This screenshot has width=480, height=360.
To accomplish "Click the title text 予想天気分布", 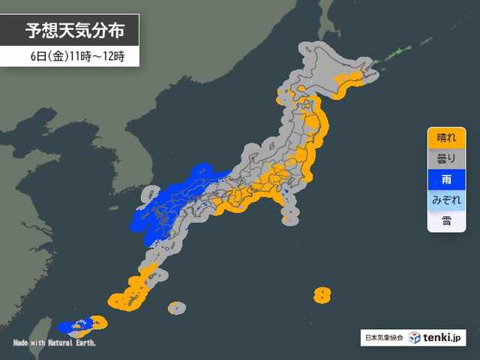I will [71, 31].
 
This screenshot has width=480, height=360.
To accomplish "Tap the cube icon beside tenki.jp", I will [415, 337].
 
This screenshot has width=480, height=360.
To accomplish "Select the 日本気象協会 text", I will [382, 337].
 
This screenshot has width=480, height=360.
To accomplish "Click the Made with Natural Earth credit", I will [54, 343].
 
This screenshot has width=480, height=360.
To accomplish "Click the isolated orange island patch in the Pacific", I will [322, 294].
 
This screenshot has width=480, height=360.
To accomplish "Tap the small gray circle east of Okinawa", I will [176, 307].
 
